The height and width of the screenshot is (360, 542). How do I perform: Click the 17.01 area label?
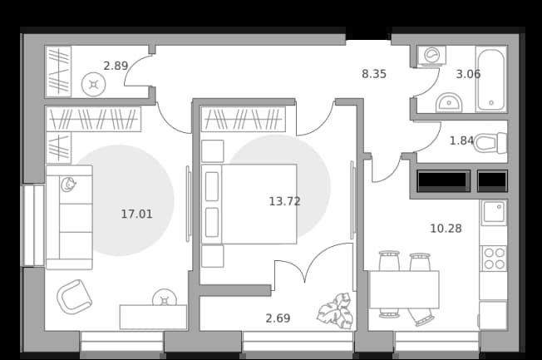136,214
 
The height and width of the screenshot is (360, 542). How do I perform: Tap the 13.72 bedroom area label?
284,201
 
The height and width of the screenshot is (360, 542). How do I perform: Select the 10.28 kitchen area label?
446,229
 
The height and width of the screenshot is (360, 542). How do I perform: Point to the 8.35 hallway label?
374,74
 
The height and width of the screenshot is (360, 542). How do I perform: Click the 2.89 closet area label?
116,66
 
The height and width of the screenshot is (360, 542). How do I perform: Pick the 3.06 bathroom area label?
468,74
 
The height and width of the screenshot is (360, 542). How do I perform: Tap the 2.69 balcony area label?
278,318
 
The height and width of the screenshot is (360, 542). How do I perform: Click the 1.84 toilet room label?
461,141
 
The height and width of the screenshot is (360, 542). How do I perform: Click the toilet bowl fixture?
490,142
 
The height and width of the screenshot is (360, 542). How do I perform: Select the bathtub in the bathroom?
491,79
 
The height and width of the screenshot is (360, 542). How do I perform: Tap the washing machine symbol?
431,56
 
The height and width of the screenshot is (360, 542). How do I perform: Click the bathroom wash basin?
449,103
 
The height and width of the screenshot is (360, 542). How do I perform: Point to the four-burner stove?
495,259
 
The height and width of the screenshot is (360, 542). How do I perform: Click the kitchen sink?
494,213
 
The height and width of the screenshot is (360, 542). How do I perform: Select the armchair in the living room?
74,297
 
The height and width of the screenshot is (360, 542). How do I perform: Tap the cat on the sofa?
68,185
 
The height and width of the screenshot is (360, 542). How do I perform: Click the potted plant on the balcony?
336,311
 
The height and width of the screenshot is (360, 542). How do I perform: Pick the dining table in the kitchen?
404,289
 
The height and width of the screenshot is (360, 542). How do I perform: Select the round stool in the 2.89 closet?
93,84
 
